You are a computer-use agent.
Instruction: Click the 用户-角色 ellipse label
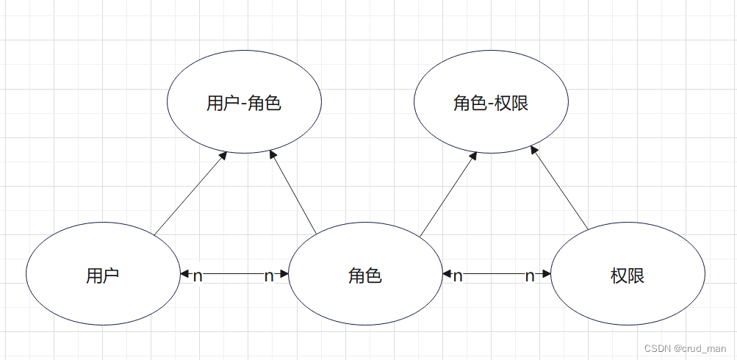244,104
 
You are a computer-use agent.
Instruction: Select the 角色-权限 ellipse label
491,104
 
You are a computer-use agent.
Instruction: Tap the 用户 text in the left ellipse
103,276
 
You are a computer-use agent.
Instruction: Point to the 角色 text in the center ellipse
365,276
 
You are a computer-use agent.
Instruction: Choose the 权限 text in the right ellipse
628,276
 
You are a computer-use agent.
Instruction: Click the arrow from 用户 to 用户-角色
190,195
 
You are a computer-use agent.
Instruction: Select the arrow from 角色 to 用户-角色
293,192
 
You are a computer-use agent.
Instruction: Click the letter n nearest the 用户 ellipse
198,276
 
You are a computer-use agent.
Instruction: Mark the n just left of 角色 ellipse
269,276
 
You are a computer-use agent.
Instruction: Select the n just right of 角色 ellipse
458,276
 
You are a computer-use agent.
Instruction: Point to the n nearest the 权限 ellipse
530,276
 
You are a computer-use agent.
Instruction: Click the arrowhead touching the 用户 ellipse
184,275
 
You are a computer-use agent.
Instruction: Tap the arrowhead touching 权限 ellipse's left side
546,275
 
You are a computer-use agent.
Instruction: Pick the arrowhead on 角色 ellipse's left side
284,275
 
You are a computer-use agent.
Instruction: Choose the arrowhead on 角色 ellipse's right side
447,275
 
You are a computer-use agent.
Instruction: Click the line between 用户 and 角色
234,275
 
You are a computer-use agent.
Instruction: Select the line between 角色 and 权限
494,275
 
